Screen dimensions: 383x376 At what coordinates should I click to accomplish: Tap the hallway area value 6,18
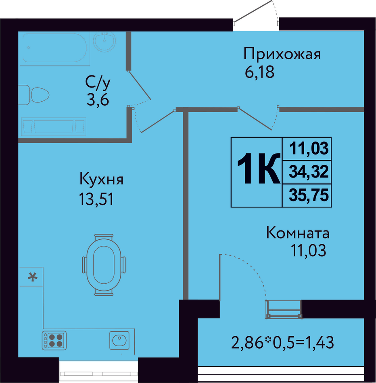[x=259, y=73]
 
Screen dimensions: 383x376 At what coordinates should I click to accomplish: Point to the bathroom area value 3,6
[x=98, y=99]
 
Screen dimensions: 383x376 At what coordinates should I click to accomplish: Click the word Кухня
[x=101, y=179]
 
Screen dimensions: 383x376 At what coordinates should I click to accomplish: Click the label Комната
[x=298, y=233]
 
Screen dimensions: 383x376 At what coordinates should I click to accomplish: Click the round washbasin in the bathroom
[x=105, y=42]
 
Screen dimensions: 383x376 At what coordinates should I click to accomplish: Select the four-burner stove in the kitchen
[x=54, y=340]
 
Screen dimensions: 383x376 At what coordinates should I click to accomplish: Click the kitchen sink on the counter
[x=119, y=340]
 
